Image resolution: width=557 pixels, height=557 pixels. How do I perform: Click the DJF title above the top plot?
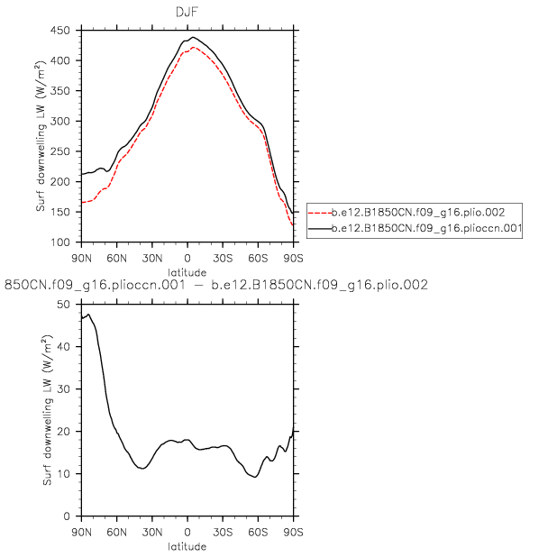pyautogui.click(x=187, y=11)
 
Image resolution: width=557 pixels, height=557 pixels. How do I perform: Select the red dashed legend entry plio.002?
pyautogui.click(x=415, y=213)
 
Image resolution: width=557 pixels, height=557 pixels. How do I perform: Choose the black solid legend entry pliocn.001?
pyautogui.click(x=415, y=229)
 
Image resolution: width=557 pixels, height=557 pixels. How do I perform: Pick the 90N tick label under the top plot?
pyautogui.click(x=82, y=254)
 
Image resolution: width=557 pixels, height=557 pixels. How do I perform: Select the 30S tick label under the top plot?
pyautogui.click(x=223, y=254)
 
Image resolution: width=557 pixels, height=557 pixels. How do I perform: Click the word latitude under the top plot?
pyautogui.click(x=187, y=270)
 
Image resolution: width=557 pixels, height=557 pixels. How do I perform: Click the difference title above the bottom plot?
pyautogui.click(x=216, y=286)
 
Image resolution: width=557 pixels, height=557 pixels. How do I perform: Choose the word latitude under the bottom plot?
pyautogui.click(x=187, y=545)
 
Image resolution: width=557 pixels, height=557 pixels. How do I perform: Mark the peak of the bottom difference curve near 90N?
pyautogui.click(x=88, y=315)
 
